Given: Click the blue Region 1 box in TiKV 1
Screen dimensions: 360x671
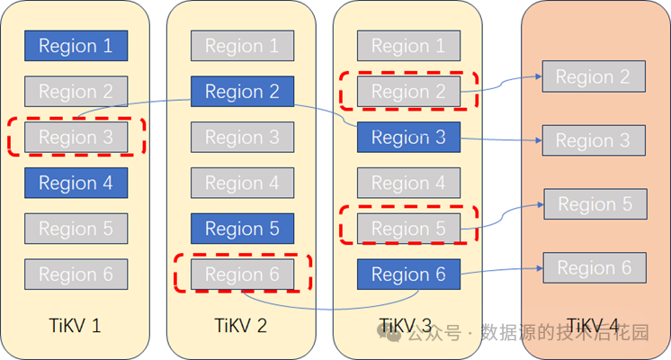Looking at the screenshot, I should (x=76, y=46).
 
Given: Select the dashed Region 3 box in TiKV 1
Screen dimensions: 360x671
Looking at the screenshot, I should (x=76, y=137).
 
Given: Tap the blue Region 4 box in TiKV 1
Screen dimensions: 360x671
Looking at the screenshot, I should (x=76, y=183).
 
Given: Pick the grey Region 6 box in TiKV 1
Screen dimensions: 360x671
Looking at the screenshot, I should (x=76, y=274).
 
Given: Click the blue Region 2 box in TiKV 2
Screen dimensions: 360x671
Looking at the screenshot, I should (x=242, y=91).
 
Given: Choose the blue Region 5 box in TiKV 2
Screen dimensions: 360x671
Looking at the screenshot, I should (x=242, y=229).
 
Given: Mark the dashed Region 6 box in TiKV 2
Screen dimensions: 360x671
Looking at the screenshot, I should (x=242, y=274).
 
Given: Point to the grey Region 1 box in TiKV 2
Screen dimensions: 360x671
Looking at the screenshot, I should (x=242, y=46).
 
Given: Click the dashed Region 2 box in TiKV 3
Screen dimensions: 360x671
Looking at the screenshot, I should (x=408, y=91).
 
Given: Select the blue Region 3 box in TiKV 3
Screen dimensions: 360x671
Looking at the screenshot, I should (x=408, y=138).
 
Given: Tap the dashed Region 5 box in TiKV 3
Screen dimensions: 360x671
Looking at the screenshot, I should (x=408, y=229).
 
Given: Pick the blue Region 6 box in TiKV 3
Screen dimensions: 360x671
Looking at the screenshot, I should (x=408, y=274).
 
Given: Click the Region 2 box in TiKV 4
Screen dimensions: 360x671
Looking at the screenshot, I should (x=593, y=76).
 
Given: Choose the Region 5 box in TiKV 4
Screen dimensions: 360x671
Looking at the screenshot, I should (x=595, y=204).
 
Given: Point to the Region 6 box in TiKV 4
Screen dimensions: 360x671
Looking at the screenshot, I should (x=594, y=267).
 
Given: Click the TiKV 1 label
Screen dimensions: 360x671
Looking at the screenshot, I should (x=76, y=325).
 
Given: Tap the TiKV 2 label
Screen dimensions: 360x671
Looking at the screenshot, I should (x=242, y=325).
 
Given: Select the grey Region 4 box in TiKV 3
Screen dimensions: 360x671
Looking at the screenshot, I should (x=408, y=183).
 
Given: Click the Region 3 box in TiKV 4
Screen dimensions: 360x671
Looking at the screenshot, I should (x=593, y=140).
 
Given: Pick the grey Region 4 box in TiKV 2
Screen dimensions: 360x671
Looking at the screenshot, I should (x=242, y=183).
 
